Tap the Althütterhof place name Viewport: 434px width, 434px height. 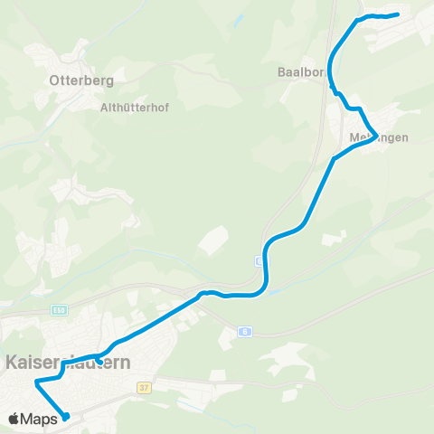135,106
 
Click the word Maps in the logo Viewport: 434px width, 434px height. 40,419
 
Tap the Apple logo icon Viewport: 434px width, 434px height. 14,419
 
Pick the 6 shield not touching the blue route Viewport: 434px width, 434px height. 245,332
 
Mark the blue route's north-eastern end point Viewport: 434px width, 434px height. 397,14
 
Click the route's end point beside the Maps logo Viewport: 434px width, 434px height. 66,417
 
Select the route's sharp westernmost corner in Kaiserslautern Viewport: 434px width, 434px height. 36,382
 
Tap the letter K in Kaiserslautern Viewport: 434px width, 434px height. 12,363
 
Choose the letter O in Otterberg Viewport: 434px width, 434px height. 53,80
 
